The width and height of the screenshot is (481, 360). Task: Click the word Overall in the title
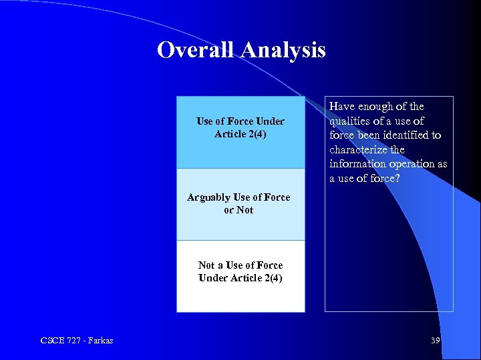tap(198, 50)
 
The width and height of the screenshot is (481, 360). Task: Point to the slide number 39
tap(436, 341)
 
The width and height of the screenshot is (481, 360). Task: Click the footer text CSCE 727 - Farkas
tap(77, 341)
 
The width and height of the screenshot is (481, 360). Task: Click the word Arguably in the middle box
tap(208, 197)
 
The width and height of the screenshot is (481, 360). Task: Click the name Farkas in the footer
tap(100, 341)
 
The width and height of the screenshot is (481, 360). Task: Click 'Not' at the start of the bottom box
tap(206, 265)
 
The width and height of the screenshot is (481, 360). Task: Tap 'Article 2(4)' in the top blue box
tap(240, 134)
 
